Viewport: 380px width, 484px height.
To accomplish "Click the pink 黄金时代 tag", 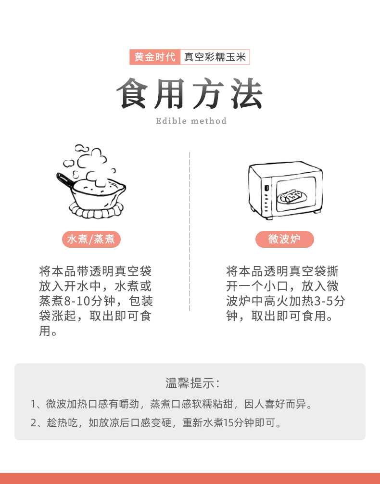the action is [155, 57].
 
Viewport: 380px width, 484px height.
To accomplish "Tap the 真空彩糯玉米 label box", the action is [215, 57].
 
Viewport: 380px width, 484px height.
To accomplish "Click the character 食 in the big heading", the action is [132, 93].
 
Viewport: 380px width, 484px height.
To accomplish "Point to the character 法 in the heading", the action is [247, 93].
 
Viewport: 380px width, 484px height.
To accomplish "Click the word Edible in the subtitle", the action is [171, 121].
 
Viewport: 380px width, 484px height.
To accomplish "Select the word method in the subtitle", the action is [209, 121].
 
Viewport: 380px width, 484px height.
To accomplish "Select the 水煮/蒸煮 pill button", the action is [91, 239].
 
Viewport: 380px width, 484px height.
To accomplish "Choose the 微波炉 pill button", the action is [285, 239].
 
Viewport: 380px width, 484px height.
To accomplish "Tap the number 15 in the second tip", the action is [228, 423].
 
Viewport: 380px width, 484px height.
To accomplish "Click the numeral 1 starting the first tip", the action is [33, 404].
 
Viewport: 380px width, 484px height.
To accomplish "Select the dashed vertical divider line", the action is [190, 231].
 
